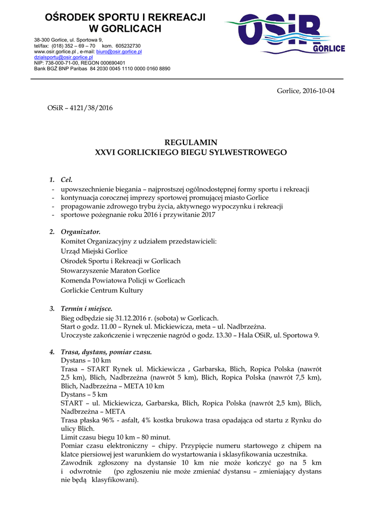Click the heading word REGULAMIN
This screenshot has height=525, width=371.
click(x=191, y=142)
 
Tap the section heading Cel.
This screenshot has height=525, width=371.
click(x=67, y=180)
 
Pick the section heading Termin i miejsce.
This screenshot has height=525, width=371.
click(x=86, y=309)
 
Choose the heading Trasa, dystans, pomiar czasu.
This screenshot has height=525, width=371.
click(x=106, y=352)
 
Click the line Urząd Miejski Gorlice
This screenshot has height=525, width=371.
click(x=94, y=251)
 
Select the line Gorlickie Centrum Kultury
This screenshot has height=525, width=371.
click(x=102, y=290)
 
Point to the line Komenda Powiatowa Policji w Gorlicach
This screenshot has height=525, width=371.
click(x=123, y=280)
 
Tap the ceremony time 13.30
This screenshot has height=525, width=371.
click(x=225, y=335)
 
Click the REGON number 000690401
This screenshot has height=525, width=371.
click(x=110, y=63)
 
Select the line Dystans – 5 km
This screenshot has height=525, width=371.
click(x=84, y=394)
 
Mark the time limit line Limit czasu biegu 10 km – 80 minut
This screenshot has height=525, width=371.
click(x=115, y=437)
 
